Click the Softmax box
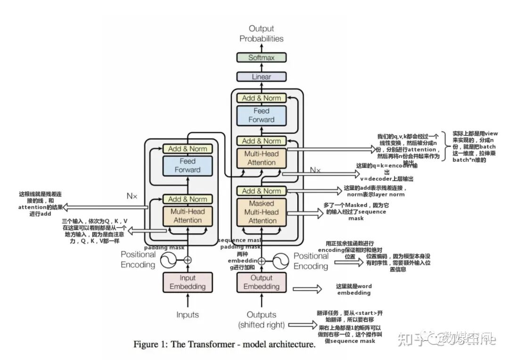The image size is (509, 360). [261, 57]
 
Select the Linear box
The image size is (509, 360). [261, 76]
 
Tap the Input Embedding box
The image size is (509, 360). [188, 282]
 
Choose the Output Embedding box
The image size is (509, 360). [261, 282]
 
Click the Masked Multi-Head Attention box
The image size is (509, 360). [261, 212]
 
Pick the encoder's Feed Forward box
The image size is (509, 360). [188, 165]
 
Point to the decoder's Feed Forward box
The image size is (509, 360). [261, 115]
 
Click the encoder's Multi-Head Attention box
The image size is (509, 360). [188, 215]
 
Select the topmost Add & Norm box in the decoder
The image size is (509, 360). [261, 98]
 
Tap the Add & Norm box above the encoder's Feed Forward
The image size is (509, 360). [188, 148]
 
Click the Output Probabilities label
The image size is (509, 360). [261, 33]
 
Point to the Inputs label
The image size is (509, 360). [188, 315]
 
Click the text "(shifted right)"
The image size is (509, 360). [261, 325]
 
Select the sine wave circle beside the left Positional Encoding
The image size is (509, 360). [168, 260]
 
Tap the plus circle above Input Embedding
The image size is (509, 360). [188, 260]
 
